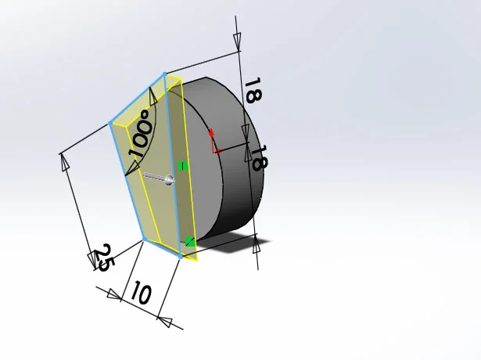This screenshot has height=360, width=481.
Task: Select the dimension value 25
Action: [102, 257]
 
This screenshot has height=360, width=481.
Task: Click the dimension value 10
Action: [140, 294]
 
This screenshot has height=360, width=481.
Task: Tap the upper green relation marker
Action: [182, 166]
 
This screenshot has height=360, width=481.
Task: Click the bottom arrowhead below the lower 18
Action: [257, 246]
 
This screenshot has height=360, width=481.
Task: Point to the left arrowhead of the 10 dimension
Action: [114, 295]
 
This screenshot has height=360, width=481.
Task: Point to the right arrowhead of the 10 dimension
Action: [163, 317]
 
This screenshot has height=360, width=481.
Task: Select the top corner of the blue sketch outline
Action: [164, 74]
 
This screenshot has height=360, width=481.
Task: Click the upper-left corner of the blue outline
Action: [109, 124]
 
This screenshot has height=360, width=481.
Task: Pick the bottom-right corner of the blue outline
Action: [181, 256]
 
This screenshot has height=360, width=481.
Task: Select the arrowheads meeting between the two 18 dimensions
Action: [246, 144]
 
